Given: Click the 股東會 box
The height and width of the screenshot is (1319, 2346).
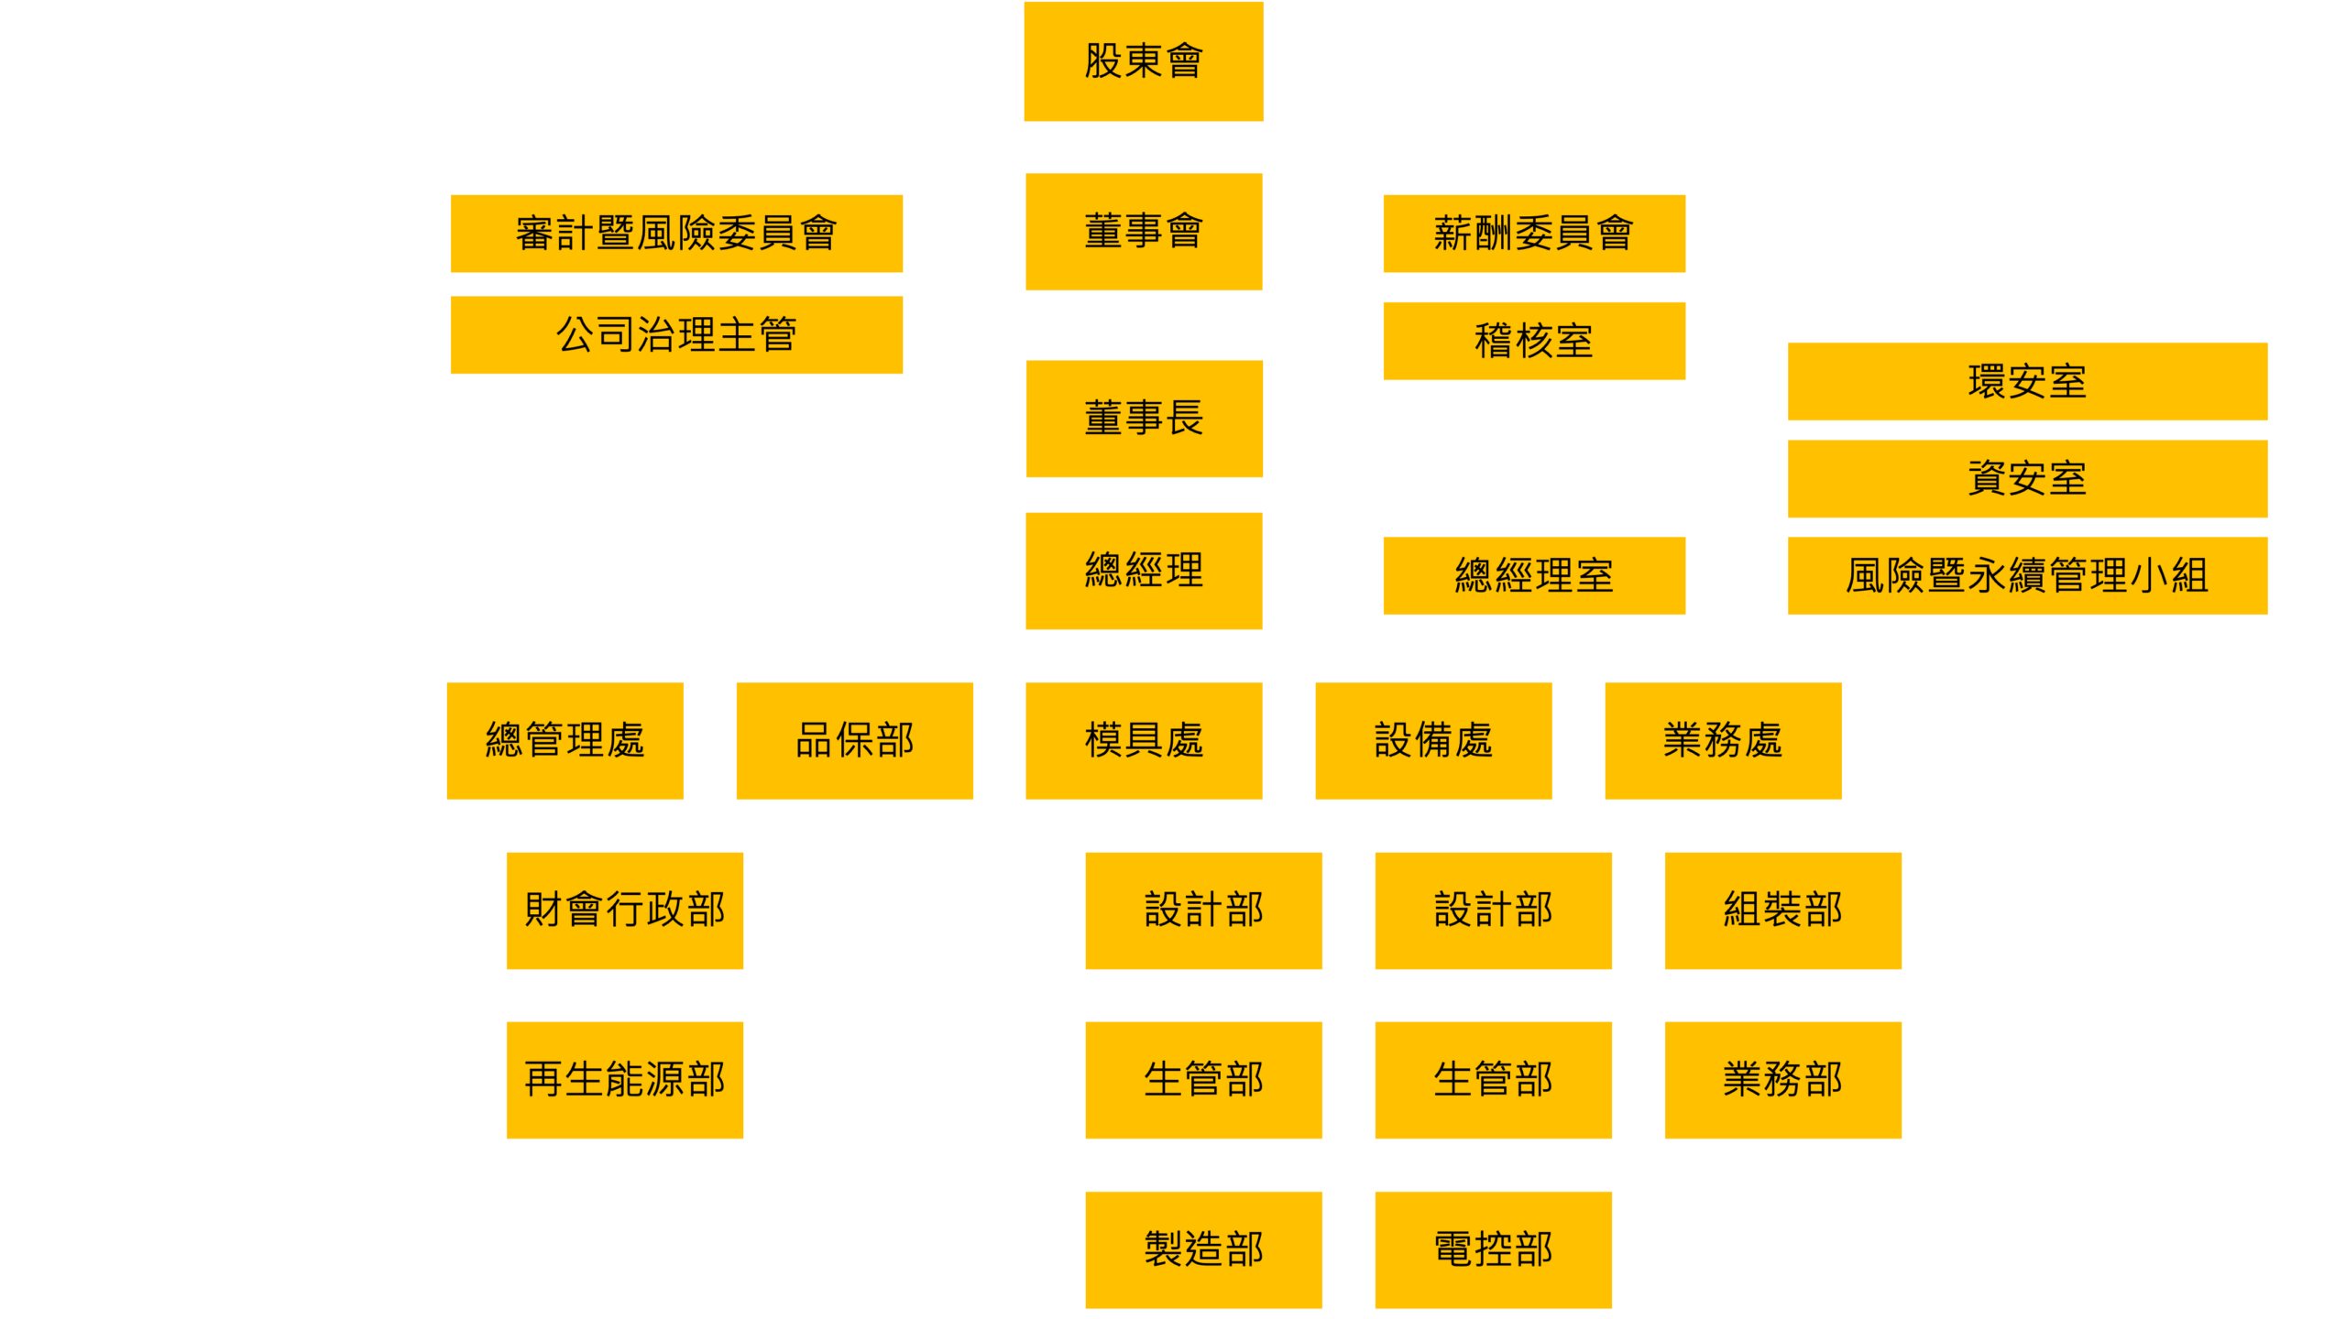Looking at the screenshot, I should (1144, 61).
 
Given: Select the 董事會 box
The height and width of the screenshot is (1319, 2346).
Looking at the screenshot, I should (1144, 232).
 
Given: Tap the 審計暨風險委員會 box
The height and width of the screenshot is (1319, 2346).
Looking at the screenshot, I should (676, 234).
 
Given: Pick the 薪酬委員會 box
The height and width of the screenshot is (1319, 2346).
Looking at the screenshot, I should (1533, 234).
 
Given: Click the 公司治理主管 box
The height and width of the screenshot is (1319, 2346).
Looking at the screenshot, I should (676, 335).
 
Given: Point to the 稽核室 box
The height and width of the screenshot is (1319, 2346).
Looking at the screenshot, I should (1533, 341).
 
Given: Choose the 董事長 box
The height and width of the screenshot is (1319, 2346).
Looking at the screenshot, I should (1144, 419).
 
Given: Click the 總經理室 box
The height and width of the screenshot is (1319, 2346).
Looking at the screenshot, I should (1533, 575).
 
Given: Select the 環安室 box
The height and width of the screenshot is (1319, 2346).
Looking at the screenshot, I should (2027, 381).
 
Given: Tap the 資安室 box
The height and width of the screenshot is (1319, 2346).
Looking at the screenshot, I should (2027, 478).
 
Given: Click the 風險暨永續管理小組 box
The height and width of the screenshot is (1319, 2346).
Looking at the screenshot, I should (2027, 575).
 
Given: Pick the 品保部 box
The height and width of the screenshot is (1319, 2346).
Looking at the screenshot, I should (854, 740).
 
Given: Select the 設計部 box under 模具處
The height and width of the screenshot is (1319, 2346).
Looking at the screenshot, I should (1203, 910).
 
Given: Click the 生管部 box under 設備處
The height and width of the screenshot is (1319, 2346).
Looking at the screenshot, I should (1493, 1080).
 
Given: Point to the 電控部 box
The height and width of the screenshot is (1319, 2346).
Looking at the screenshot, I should (1493, 1249).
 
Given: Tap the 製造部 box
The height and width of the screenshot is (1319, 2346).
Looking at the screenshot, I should (1203, 1249).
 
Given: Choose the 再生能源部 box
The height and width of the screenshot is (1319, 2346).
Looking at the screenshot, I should (624, 1080).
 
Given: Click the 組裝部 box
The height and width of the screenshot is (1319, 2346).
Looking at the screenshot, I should (1782, 910).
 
